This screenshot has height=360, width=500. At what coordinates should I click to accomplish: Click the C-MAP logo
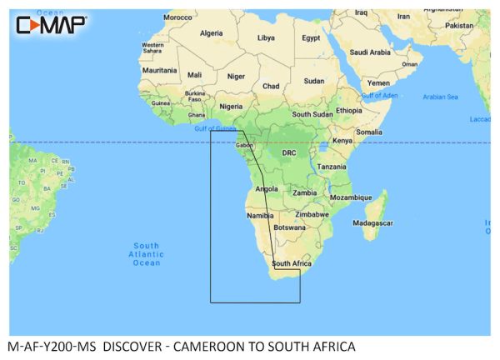pos(51,24)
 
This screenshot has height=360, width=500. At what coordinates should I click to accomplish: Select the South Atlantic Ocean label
pos(146,254)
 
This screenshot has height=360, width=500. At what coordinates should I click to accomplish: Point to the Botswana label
pos(289,227)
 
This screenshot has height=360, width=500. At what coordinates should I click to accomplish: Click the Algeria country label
pos(212,33)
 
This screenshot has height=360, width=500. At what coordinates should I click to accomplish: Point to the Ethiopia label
pos(349,110)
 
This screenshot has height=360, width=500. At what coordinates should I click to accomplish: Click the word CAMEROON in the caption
pos(231,346)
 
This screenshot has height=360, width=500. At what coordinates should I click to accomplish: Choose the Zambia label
pos(304,192)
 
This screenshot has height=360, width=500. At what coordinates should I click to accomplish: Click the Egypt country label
pos(311,37)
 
